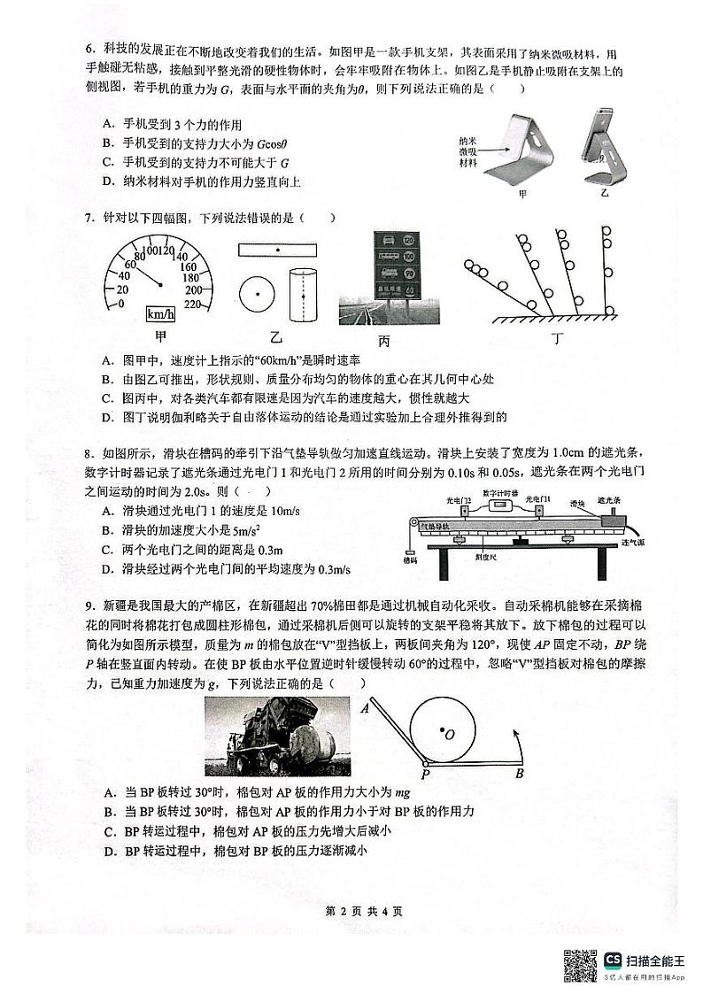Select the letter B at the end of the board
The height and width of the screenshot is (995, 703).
click(x=520, y=773)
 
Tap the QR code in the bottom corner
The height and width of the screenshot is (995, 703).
click(x=581, y=963)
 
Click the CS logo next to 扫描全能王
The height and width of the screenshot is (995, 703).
click(x=613, y=960)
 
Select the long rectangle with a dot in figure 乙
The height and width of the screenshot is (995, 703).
click(x=276, y=251)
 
